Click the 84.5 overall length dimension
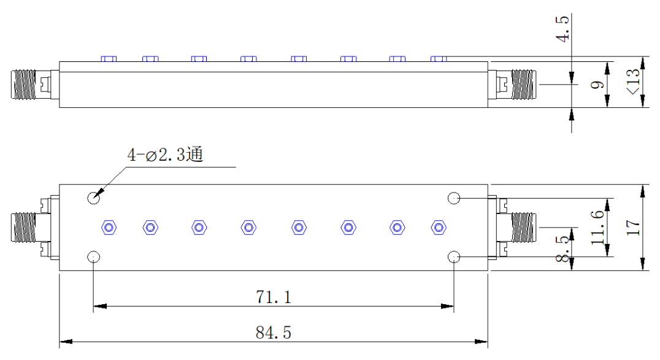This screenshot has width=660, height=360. [x=273, y=332]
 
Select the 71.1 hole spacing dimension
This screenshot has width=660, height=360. [x=273, y=297]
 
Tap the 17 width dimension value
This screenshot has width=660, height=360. [x=633, y=228]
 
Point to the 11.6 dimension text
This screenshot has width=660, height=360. [x=597, y=228]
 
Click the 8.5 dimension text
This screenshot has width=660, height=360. [x=562, y=249]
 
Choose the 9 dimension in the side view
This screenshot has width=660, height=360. [x=597, y=85]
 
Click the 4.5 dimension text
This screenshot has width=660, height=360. [x=562, y=29]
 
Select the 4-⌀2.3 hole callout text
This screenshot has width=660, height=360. [x=165, y=155]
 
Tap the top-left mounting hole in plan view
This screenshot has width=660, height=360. [x=93, y=197]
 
